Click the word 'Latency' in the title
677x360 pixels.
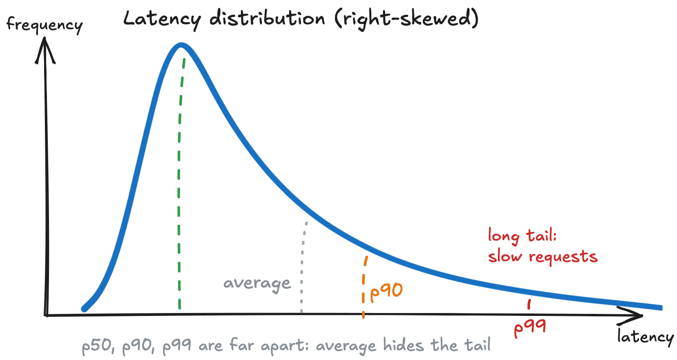[162, 19]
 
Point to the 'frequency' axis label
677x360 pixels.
[44, 25]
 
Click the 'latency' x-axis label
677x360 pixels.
[645, 337]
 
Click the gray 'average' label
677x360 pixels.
[257, 283]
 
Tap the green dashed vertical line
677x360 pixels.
[179, 185]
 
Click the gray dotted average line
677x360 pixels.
[302, 268]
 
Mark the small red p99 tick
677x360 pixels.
[529, 304]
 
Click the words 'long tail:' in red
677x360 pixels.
[522, 236]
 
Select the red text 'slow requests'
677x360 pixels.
[542, 257]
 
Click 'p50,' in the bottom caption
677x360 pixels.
[98, 346]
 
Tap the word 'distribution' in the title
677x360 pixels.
[267, 19]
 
